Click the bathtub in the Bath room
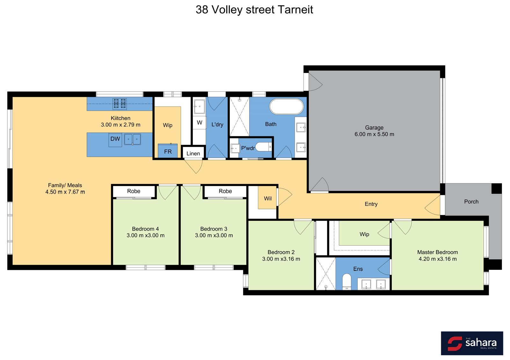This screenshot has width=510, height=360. [287, 106]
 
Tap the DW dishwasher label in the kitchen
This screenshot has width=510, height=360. [115, 139]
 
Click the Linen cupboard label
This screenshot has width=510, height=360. [193, 154]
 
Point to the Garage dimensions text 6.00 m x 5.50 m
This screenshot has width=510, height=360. [374, 134]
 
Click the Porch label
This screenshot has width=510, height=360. [471, 202]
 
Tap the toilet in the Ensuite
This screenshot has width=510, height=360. [347, 282]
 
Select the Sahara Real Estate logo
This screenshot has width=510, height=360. [472, 343]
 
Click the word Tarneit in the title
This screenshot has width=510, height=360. [295, 10]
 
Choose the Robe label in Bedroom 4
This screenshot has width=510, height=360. [134, 191]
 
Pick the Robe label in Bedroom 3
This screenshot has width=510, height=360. [225, 191]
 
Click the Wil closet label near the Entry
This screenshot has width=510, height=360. [268, 199]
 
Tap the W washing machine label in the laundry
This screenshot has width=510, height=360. [200, 123]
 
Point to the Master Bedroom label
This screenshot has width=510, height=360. [437, 252]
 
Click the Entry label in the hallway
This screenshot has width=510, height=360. [371, 204]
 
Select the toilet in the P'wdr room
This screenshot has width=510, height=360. [264, 147]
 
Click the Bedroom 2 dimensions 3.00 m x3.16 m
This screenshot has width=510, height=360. [281, 259]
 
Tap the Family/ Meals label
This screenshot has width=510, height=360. [65, 185]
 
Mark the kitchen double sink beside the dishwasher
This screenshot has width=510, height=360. [132, 139]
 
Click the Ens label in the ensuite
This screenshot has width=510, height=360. [358, 269]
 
